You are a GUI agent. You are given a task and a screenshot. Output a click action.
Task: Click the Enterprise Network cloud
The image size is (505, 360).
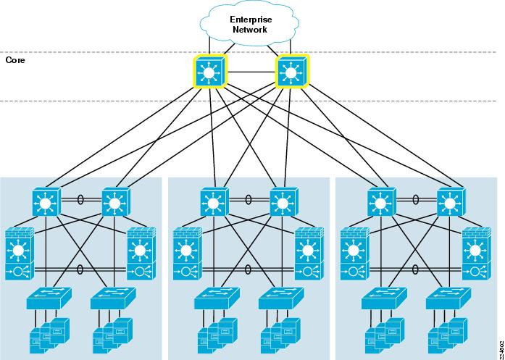click(x=249, y=25)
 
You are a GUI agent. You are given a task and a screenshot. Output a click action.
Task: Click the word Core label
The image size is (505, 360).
click(x=15, y=61)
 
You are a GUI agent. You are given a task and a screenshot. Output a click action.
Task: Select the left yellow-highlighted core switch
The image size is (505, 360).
click(x=210, y=72)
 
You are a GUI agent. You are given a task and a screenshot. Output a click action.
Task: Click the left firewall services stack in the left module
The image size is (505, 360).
click(x=20, y=255)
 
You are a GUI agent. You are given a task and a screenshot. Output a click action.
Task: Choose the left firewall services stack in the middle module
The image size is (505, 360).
click(x=188, y=255)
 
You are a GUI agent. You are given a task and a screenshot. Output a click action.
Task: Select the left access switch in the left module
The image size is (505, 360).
click(x=46, y=297)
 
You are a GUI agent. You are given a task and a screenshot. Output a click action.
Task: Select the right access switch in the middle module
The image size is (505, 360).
click(x=279, y=297)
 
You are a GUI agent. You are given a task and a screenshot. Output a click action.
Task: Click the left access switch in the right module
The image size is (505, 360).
click(x=381, y=297)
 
